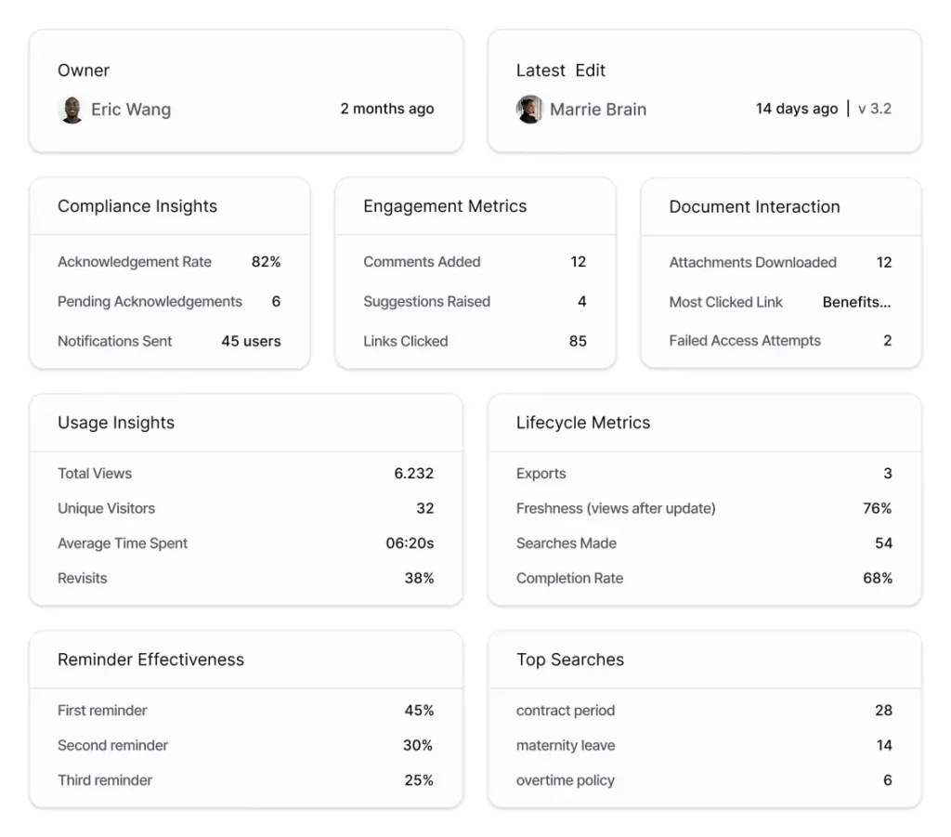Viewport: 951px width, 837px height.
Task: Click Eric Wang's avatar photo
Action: tap(72, 110)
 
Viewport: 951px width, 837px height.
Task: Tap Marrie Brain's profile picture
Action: tap(529, 110)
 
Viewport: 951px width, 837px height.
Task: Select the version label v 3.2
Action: tap(874, 109)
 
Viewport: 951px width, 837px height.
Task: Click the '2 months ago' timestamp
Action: tap(386, 109)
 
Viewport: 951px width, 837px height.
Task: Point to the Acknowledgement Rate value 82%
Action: tap(266, 262)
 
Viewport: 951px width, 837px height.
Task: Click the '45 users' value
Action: tap(251, 341)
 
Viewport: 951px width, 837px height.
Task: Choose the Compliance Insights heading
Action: tap(137, 206)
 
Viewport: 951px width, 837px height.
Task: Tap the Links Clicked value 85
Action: tap(578, 341)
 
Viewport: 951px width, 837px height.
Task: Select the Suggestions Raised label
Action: tap(426, 302)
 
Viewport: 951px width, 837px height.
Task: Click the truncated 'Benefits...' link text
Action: tap(856, 302)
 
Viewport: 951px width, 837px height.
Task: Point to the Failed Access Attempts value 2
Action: tap(887, 341)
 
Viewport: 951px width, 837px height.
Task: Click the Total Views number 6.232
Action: tap(413, 474)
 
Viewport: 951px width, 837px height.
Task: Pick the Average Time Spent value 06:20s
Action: tap(410, 543)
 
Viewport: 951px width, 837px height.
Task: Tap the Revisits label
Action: tap(83, 578)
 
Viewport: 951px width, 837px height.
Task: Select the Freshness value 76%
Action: tap(877, 508)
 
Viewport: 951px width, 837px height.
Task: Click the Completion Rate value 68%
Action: tap(877, 578)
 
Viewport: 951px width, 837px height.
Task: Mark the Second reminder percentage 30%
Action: tap(418, 745)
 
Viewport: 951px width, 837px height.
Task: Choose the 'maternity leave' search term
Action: tap(566, 745)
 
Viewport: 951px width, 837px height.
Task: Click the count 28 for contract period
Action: tap(883, 711)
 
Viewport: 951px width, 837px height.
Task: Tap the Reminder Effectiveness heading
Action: tap(150, 660)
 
